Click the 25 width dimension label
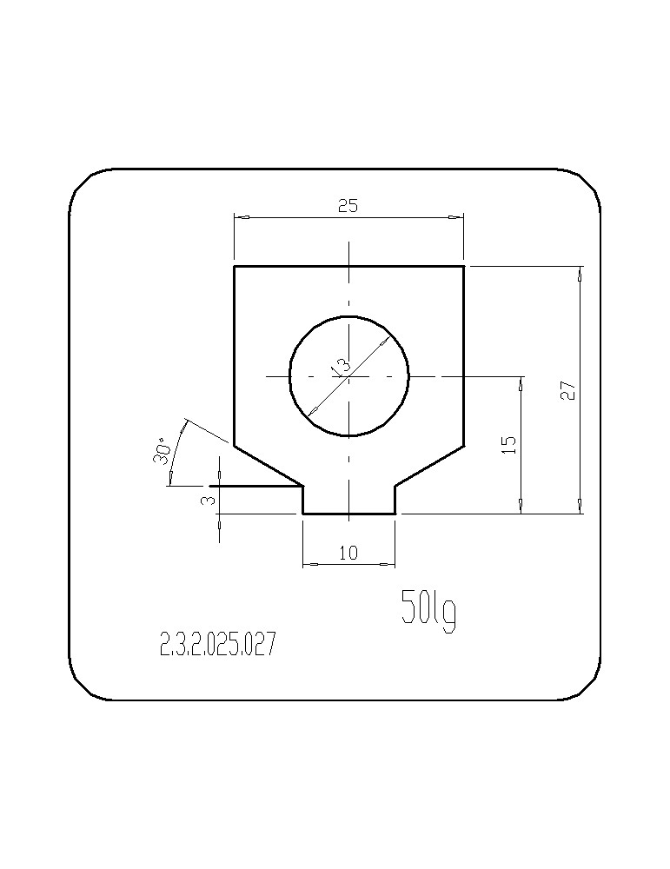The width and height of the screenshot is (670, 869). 348,206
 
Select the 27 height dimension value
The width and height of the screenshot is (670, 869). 568,392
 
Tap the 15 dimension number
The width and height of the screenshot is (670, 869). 510,445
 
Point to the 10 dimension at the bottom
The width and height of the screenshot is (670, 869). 348,553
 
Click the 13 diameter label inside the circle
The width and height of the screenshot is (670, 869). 340,368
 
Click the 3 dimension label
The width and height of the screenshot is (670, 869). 208,501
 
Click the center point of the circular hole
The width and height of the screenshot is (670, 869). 349,377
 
